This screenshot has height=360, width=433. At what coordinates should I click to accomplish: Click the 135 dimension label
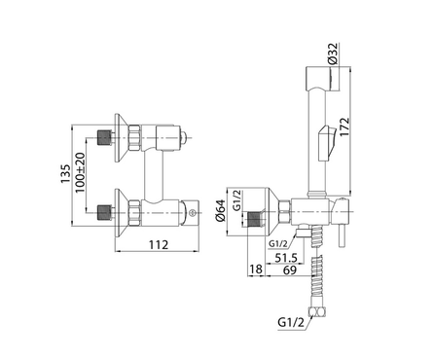[x=66, y=173]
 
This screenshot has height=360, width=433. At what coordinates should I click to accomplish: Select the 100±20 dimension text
[x=80, y=172]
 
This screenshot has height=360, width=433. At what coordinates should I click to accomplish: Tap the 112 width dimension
[x=159, y=244]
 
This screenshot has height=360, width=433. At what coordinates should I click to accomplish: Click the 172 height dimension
[x=344, y=126]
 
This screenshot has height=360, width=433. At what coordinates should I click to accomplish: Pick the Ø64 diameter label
[x=221, y=210]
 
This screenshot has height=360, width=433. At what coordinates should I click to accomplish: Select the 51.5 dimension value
[x=286, y=258]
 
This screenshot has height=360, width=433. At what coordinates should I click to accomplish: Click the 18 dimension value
[x=256, y=270]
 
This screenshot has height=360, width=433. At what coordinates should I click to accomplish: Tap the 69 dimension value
[x=290, y=270]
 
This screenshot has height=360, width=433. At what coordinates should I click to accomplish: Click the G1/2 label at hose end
[x=291, y=322]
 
